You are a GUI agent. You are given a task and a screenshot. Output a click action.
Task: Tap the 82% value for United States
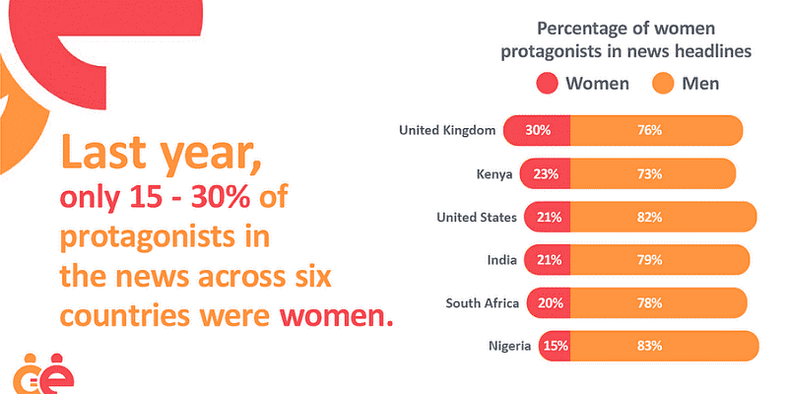(x=649, y=217)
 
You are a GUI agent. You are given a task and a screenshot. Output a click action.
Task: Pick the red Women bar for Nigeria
(x=555, y=346)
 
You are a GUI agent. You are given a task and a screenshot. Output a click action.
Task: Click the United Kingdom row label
(x=446, y=130)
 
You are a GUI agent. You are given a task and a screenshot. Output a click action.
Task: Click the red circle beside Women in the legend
(x=549, y=83)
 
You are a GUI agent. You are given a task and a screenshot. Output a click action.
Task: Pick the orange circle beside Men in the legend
(x=663, y=83)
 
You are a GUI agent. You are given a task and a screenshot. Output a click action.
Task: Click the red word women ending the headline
(x=338, y=317)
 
